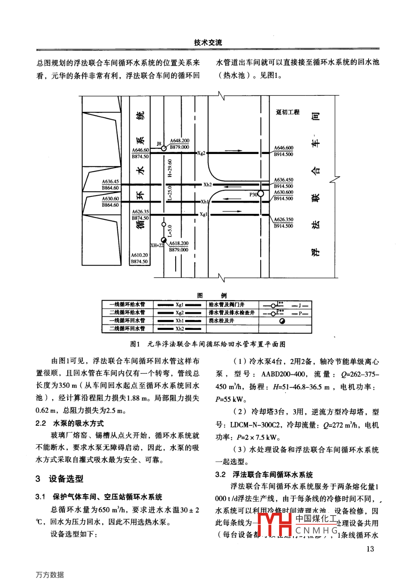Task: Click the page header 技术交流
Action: pyautogui.click(x=208, y=42)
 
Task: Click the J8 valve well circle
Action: pyautogui.click(x=164, y=148)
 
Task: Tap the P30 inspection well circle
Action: pyautogui.click(x=260, y=194)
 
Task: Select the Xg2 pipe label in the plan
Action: pyautogui.click(x=201, y=153)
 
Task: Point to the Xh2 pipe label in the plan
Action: pyautogui.click(x=208, y=185)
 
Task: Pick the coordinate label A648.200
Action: pyautogui.click(x=180, y=141)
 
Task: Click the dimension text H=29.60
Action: pyautogui.click(x=170, y=168)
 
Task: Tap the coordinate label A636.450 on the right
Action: pyautogui.click(x=284, y=180)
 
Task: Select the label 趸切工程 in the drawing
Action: pyautogui.click(x=288, y=112)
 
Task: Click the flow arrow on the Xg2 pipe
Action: pyautogui.click(x=233, y=150)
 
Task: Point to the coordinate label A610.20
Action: pyautogui.click(x=139, y=255)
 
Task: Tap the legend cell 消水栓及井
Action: pyautogui.click(x=221, y=321)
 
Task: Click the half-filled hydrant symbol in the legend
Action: pyautogui.click(x=282, y=321)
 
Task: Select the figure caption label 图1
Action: pyautogui.click(x=135, y=344)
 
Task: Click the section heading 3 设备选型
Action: pyautogui.click(x=60, y=479)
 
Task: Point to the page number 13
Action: pyautogui.click(x=370, y=549)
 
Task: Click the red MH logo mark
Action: pyautogui.click(x=274, y=524)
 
